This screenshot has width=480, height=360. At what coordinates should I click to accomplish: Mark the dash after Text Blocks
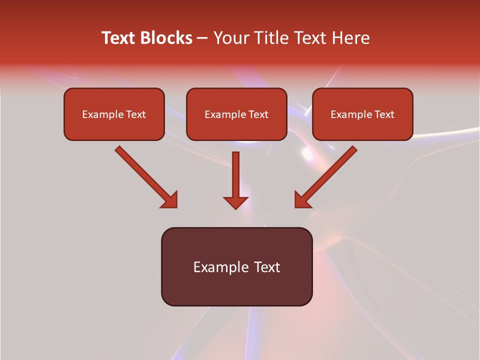(202, 38)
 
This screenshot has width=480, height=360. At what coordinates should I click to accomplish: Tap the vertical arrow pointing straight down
(235, 175)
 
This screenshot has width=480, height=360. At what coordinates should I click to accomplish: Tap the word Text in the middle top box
(258, 114)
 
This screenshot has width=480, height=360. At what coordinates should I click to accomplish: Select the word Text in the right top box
(384, 114)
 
